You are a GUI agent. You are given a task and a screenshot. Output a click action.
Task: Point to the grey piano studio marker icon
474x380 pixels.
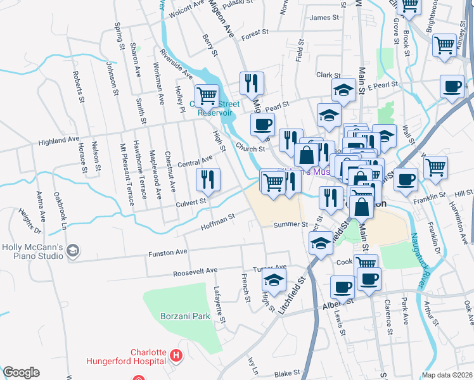click(x=74, y=251)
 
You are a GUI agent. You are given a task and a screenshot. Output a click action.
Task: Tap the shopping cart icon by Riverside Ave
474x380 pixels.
click(x=207, y=96)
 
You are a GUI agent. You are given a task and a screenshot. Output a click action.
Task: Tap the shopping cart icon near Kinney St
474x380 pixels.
click(x=444, y=44)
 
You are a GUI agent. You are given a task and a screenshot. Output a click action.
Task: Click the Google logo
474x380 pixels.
click(x=21, y=372)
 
